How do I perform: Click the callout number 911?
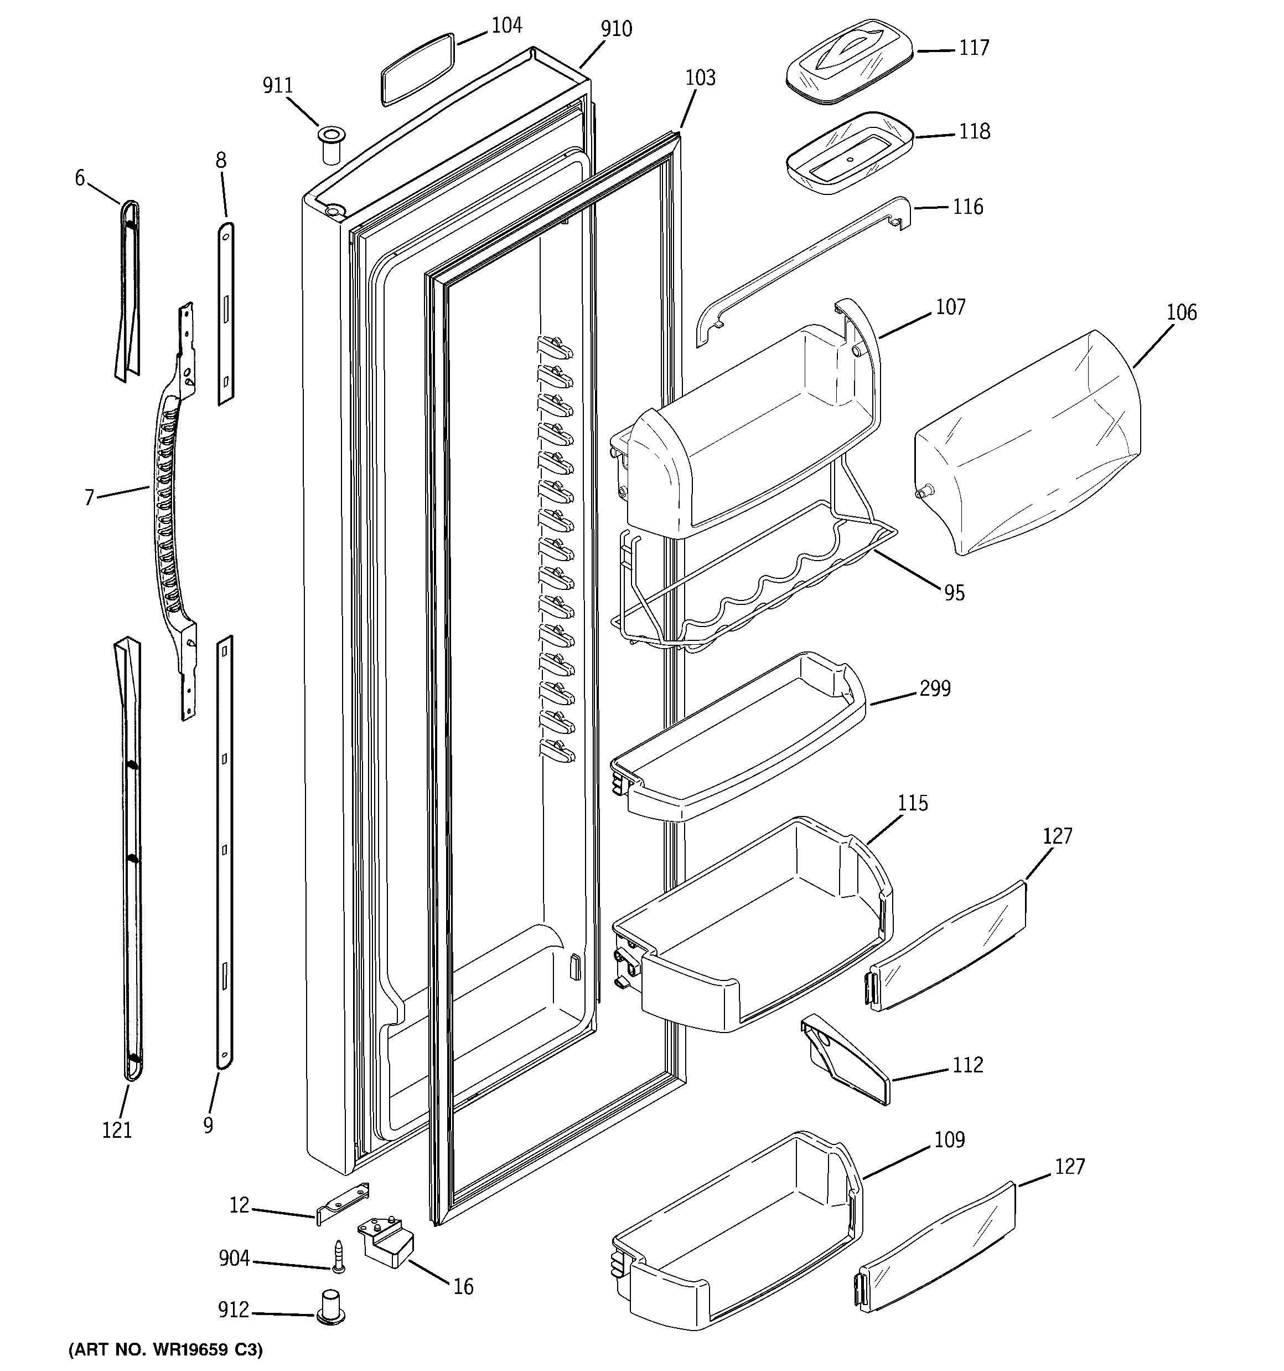point(278,85)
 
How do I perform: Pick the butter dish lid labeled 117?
point(849,62)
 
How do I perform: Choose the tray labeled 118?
point(849,152)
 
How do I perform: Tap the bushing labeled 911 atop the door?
point(332,144)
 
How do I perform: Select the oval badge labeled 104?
point(417,68)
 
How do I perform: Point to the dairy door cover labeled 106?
point(1027,441)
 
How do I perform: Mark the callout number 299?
point(935,689)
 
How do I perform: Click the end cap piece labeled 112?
point(844,1059)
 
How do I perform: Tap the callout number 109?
point(949,1140)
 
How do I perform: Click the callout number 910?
point(615,29)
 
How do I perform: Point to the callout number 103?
point(700,77)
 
